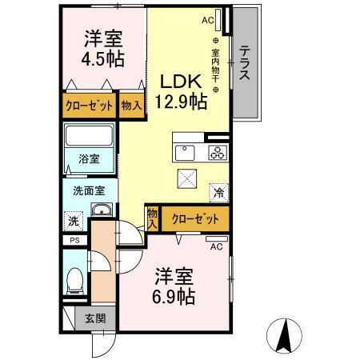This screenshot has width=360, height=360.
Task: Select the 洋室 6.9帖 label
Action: click(x=174, y=284)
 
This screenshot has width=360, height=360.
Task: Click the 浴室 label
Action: click(x=89, y=159)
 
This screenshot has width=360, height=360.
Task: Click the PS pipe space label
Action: click(x=74, y=240)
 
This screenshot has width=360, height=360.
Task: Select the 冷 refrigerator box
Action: click(x=218, y=192)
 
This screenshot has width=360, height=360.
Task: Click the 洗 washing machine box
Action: click(x=73, y=221)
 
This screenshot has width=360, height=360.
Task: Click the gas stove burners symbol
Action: click(x=216, y=152)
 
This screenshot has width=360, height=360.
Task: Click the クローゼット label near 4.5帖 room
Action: click(x=89, y=106)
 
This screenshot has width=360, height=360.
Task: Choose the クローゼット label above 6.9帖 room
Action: click(x=194, y=217)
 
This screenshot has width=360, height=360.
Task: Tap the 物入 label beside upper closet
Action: click(x=131, y=106)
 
